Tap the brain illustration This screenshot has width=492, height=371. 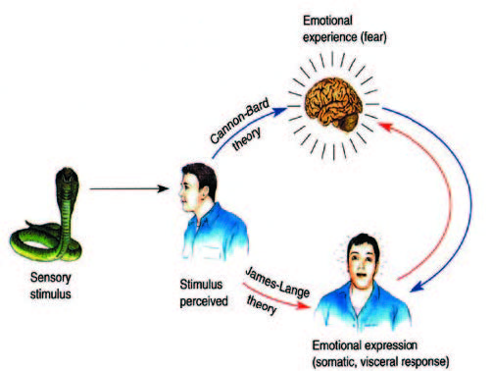click(x=333, y=104)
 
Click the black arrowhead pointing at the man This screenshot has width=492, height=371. click(x=163, y=188)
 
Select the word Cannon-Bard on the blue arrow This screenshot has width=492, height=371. click(x=239, y=121)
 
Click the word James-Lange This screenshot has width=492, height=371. click(x=277, y=282)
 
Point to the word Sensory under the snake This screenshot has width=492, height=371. click(x=51, y=278)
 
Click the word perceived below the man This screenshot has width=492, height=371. click(x=204, y=301)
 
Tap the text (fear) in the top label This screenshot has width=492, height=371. click(x=373, y=37)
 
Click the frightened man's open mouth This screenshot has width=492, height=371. click(x=361, y=275)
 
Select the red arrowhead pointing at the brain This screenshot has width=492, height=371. click(x=385, y=126)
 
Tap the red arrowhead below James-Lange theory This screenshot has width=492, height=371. click(x=303, y=306)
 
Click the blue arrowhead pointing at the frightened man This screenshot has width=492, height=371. click(x=417, y=287)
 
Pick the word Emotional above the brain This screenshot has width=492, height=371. click(x=327, y=21)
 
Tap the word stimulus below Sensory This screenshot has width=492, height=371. click(x=50, y=293)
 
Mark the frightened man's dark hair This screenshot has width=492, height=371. click(x=364, y=243)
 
